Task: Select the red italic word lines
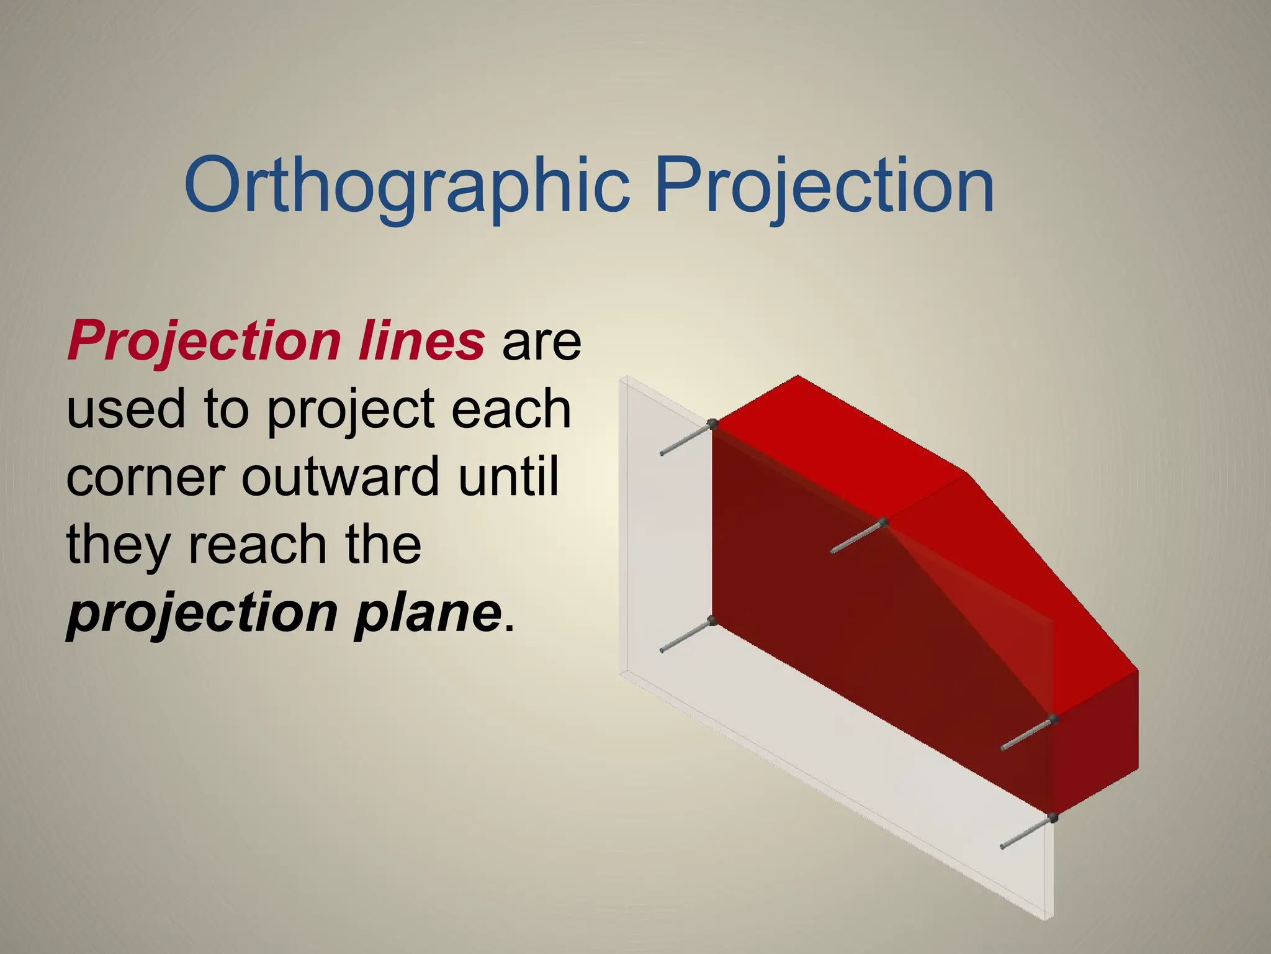click(421, 342)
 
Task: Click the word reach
click(257, 545)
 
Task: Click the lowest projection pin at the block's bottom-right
click(1027, 832)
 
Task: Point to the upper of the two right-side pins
click(1027, 734)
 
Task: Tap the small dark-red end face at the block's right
click(1095, 739)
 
